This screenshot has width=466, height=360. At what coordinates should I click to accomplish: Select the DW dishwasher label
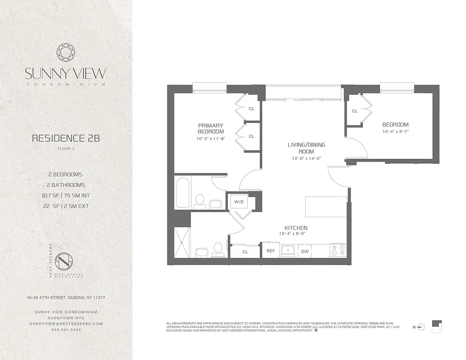[305, 252]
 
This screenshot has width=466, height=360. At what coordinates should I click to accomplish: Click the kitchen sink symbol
[288, 250]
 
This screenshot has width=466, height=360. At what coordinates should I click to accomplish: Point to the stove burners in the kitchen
[338, 250]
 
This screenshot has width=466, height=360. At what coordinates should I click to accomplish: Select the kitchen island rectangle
[326, 207]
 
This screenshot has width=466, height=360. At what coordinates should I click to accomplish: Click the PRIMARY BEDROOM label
[210, 128]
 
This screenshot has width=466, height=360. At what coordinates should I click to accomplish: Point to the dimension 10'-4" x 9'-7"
[395, 132]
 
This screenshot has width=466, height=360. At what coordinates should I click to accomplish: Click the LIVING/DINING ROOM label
[306, 148]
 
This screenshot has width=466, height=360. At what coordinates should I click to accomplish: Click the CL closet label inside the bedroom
[355, 111]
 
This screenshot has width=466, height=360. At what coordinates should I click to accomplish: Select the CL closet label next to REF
[245, 252]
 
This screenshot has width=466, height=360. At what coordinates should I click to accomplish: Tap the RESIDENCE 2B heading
[66, 138]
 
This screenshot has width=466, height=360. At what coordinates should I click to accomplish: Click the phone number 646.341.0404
[66, 330]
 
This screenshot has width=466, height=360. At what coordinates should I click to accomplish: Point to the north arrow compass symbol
[421, 327]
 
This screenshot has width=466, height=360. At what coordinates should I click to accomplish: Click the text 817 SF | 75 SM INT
[66, 196]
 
